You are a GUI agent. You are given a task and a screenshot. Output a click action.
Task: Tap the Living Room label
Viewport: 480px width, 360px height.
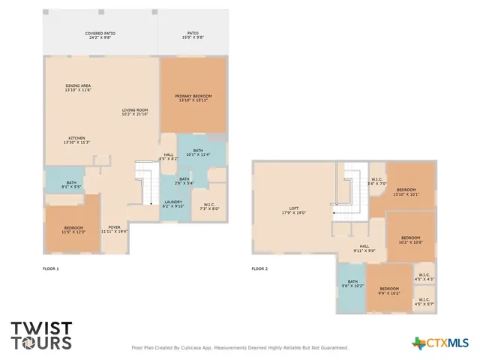[x=135, y=112]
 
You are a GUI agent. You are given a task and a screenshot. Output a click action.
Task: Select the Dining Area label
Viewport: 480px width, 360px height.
[x=77, y=88]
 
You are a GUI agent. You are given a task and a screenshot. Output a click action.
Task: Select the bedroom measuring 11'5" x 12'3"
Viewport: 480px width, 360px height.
[x=73, y=229]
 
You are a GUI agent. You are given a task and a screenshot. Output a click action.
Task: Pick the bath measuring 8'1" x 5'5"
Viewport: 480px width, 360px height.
[x=71, y=184]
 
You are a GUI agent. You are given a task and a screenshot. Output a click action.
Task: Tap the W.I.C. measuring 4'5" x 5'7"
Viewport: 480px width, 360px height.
[x=424, y=301]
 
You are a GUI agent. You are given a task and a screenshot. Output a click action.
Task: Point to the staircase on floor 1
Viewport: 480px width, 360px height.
[x=145, y=184]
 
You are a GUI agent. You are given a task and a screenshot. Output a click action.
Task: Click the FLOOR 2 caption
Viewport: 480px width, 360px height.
[x=259, y=268]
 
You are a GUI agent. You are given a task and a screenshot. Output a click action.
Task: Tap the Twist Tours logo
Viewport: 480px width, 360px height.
[x=41, y=335]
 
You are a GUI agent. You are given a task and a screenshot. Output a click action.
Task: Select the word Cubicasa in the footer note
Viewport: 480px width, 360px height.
[x=194, y=347]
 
